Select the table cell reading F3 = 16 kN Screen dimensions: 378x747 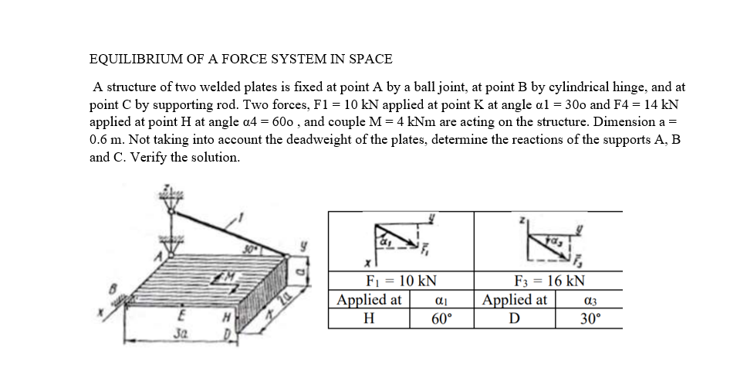pos(549,281)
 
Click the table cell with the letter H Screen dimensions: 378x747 pos(369,318)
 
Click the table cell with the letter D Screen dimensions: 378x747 pos(515,318)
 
